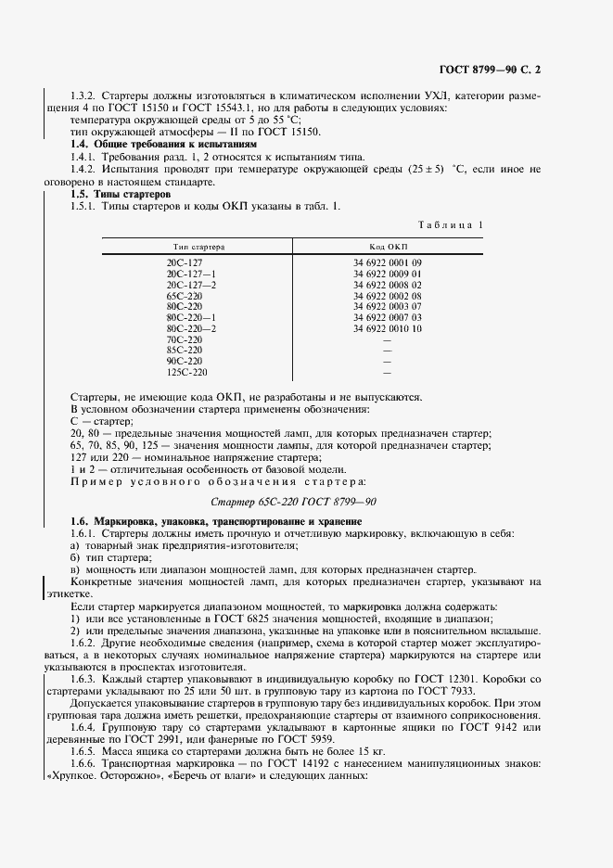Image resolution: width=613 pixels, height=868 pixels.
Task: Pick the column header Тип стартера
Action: (198, 247)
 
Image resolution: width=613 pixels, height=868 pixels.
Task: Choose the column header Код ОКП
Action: (388, 247)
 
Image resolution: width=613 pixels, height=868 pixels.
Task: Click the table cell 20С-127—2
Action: (191, 285)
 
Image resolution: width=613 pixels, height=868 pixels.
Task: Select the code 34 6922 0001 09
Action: (388, 263)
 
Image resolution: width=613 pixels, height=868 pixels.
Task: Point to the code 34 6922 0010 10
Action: (388, 328)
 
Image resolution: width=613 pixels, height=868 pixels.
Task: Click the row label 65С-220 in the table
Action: (185, 296)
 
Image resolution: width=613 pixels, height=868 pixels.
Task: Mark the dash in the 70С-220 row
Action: (387, 339)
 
